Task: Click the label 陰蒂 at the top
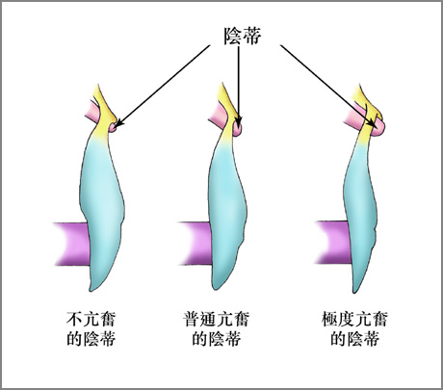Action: click(243, 36)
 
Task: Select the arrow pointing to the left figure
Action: click(163, 86)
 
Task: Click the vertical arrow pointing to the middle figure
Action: click(238, 86)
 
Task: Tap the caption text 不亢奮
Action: click(91, 319)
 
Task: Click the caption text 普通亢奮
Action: click(216, 319)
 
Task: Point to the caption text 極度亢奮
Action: click(354, 319)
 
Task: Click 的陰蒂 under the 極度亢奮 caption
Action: click(354, 339)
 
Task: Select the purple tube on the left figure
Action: click(72, 244)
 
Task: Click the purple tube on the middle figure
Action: click(195, 244)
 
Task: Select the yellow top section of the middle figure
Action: click(227, 116)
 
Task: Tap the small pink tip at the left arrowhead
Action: click(113, 127)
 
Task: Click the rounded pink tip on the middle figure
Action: click(237, 129)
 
